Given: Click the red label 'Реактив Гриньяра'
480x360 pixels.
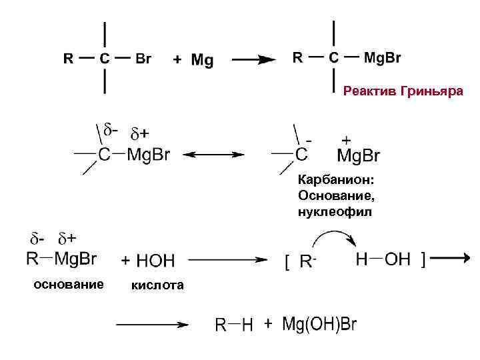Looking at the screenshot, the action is [x=402, y=91].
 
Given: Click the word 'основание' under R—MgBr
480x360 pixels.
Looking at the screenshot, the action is [x=68, y=285].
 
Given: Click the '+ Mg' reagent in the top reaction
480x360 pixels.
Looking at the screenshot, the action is [x=193, y=61].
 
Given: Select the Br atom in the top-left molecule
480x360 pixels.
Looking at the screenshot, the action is [x=143, y=59].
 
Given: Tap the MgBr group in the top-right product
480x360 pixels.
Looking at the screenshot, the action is [x=382, y=57].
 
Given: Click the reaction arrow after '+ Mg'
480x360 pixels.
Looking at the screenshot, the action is [x=253, y=59].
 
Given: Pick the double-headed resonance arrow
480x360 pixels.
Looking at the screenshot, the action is [x=214, y=155].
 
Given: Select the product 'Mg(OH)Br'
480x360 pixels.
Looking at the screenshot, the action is [x=319, y=325].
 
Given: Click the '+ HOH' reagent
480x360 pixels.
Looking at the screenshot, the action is [x=148, y=260].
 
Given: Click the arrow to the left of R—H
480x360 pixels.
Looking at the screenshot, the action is [x=151, y=325].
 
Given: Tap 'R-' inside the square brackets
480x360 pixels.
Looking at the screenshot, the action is [x=307, y=262].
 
